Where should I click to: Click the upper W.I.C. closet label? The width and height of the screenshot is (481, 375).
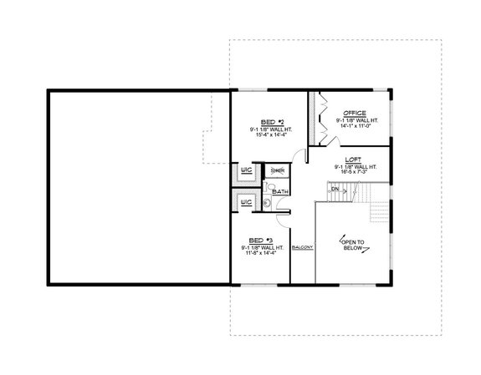tap(247, 170)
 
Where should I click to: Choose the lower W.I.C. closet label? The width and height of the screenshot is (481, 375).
tap(247, 201)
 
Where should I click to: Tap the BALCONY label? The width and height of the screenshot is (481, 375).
tap(302, 249)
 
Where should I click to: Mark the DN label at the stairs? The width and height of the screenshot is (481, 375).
tap(335, 190)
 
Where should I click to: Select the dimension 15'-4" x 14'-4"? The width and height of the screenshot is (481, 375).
tap(269, 135)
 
